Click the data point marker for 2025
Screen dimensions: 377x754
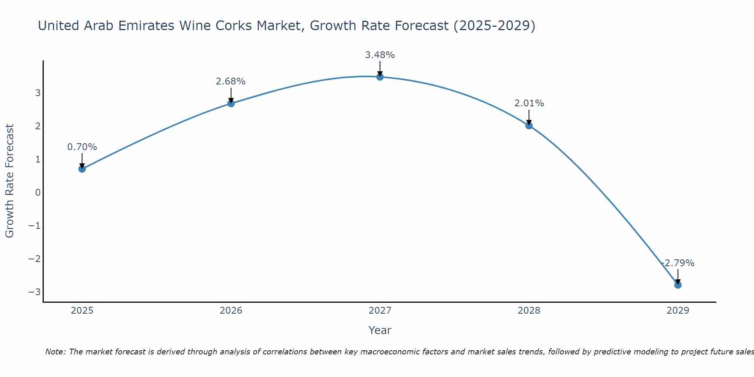point(82,169)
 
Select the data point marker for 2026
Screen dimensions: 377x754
point(231,103)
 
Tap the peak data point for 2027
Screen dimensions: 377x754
point(380,77)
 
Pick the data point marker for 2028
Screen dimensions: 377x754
point(529,126)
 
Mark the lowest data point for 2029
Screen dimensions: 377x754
point(678,285)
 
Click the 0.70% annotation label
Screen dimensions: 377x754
point(82,147)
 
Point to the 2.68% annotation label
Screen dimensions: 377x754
point(231,81)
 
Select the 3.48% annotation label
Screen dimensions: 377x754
point(380,55)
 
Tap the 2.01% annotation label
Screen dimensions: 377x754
point(529,103)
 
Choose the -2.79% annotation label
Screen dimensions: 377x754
point(678,263)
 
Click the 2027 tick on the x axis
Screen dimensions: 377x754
point(380,311)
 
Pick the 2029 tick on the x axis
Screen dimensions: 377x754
point(678,311)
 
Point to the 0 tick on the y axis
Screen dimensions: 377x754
point(38,193)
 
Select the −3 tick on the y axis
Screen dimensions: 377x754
point(34,292)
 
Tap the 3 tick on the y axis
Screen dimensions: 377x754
point(38,93)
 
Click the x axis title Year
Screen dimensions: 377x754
point(380,330)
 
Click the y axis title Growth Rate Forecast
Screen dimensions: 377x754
point(9,181)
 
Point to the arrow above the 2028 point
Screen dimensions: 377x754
point(529,117)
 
